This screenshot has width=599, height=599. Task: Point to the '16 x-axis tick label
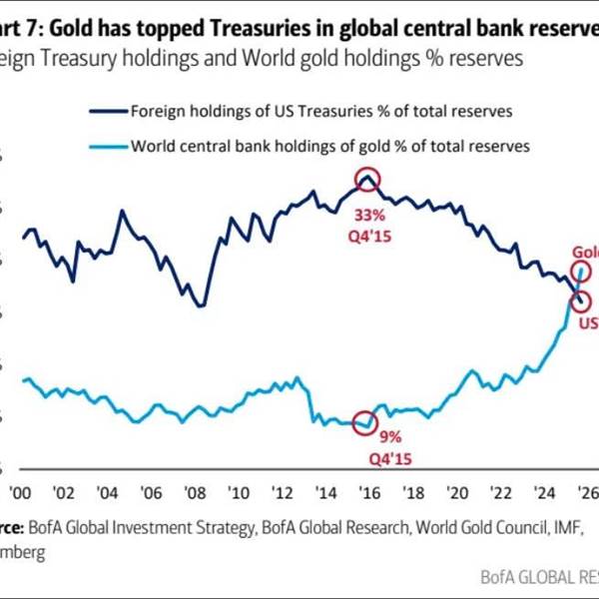[369, 492]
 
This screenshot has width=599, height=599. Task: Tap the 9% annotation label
[388, 437]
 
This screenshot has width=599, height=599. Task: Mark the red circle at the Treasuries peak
[367, 181]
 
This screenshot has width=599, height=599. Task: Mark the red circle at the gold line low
[366, 422]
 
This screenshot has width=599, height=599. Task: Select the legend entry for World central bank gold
[329, 146]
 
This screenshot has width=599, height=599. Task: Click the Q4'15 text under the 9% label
[388, 458]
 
